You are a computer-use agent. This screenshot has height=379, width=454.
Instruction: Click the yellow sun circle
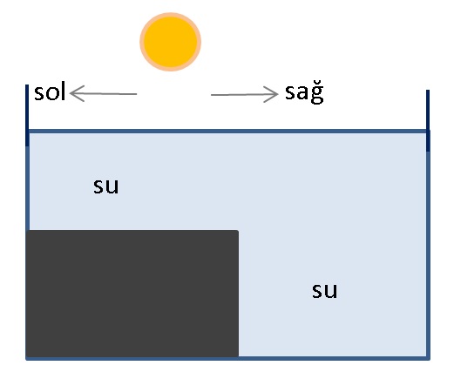pyautogui.click(x=171, y=42)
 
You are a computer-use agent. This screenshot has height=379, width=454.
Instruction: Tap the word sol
pyautogui.click(x=50, y=91)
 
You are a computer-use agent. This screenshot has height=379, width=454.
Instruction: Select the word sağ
pyautogui.click(x=304, y=93)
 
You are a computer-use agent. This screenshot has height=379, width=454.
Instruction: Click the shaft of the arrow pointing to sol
pyautogui.click(x=104, y=94)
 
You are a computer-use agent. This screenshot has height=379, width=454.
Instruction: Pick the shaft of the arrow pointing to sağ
pyautogui.click(x=244, y=95)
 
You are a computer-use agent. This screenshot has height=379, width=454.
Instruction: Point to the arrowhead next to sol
pyautogui.click(x=77, y=93)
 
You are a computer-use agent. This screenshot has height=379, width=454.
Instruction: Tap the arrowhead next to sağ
pyautogui.click(x=271, y=94)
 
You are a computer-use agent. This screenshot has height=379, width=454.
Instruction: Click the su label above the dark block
pyautogui.click(x=106, y=186)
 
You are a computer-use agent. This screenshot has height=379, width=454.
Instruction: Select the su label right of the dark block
pyautogui.click(x=325, y=290)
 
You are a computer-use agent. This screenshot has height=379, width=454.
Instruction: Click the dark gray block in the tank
pyautogui.click(x=132, y=294)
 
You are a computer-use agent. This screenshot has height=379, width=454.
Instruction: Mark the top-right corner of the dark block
pyautogui.click(x=239, y=230)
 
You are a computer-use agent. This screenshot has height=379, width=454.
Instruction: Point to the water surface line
pyautogui.click(x=228, y=132)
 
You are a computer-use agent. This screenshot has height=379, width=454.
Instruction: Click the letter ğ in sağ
pyautogui.click(x=317, y=94)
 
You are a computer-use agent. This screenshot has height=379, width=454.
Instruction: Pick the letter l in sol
pyautogui.click(x=62, y=91)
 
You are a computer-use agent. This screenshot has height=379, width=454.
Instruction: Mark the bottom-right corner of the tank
pyautogui.click(x=428, y=359)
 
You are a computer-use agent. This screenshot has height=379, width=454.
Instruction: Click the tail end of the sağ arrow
pyautogui.click(x=211, y=95)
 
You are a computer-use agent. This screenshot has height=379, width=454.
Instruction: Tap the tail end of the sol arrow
pyautogui.click(x=137, y=94)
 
